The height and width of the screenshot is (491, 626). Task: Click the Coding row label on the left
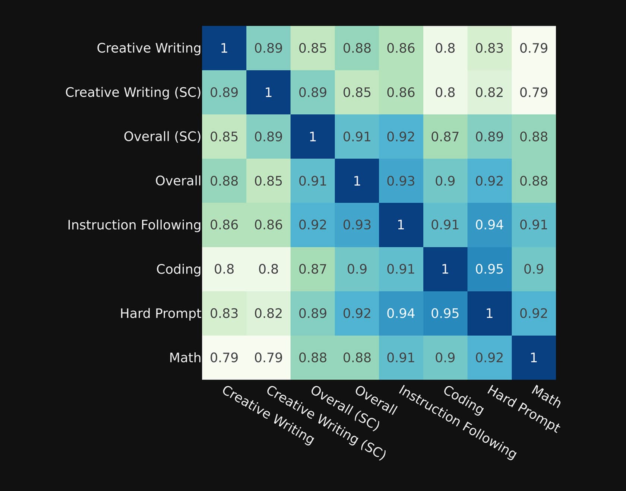point(178,269)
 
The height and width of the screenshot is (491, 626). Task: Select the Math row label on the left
point(185,358)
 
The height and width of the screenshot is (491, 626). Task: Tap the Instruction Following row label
point(134,225)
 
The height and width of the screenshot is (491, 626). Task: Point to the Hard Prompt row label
point(161,313)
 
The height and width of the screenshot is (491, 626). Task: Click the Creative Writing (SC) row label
point(133,92)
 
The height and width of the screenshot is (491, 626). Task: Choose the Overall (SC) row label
point(162,137)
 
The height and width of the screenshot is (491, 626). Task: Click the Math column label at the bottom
point(546,396)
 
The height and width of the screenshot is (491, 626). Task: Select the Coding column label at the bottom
point(464,400)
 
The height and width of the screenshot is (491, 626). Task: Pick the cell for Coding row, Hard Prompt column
point(490,269)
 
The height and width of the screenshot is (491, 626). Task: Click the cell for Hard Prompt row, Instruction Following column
point(401,313)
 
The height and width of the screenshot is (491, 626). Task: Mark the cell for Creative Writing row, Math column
point(534,48)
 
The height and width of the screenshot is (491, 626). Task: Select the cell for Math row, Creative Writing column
point(224,358)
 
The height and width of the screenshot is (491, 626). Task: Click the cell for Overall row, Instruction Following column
point(401,181)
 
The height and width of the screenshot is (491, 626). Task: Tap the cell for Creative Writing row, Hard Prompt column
point(490,48)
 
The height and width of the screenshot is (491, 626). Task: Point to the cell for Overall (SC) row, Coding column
point(445,137)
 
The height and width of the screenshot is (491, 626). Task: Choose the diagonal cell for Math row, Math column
point(534,358)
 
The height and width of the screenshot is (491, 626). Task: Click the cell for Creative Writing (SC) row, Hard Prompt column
point(490,92)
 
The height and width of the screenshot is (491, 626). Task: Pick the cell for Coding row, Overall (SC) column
point(313,269)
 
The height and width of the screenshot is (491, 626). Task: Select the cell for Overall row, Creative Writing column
point(224,181)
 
